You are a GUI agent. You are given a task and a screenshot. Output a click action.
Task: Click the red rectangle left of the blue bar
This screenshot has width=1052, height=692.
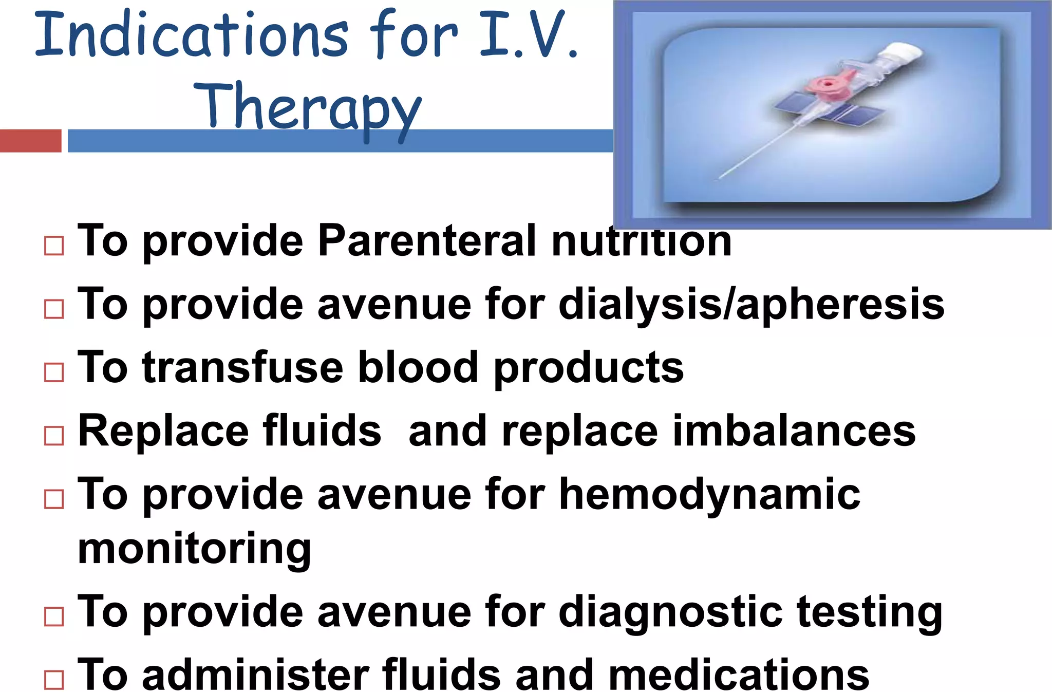[30, 141]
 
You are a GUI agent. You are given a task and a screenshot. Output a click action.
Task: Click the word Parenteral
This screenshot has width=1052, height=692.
[427, 240]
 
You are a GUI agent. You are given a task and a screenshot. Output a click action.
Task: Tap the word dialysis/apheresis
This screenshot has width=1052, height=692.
[751, 304]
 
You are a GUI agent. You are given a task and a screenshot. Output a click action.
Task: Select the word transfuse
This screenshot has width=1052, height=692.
[242, 367]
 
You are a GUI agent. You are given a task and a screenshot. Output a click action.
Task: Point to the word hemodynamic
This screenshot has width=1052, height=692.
[709, 494]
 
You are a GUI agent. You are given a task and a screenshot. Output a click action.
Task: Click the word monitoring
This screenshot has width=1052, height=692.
[194, 549]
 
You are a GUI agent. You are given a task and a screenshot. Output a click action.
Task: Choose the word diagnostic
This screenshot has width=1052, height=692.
[670, 612]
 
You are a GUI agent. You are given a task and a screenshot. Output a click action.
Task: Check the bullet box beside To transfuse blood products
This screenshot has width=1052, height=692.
[54, 372]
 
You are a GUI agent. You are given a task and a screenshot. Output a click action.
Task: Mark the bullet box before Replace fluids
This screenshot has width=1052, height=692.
[54, 436]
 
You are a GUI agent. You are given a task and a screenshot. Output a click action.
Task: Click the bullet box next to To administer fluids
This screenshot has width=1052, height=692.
[54, 680]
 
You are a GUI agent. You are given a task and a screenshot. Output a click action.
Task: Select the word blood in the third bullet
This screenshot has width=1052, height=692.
[418, 367]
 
